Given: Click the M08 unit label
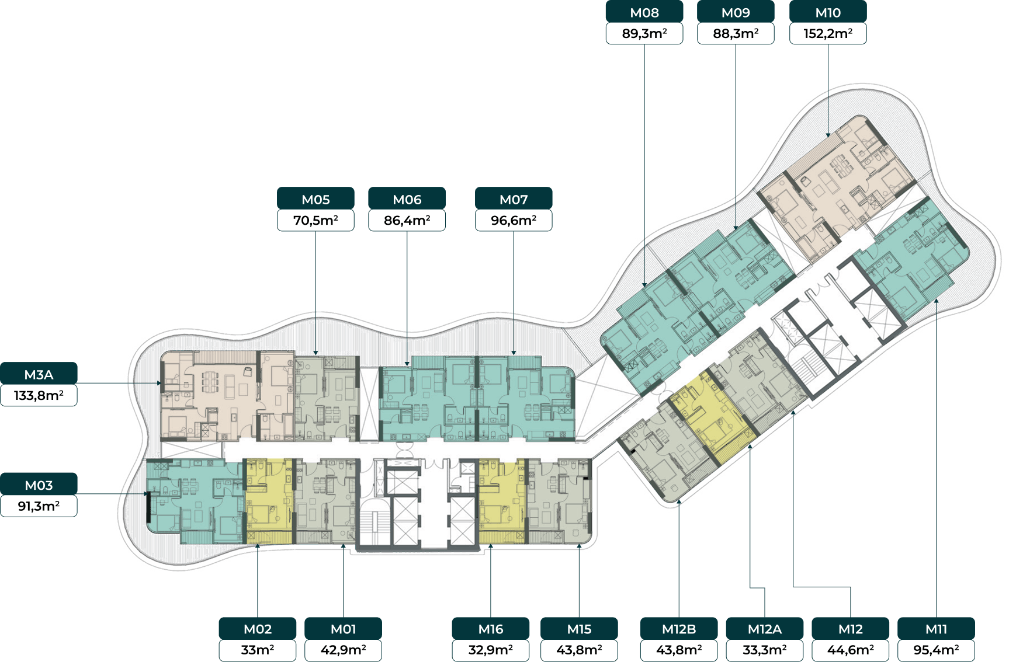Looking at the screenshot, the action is (644, 12).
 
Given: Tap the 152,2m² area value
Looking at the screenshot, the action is (828, 33).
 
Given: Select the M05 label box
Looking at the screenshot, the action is (315, 199).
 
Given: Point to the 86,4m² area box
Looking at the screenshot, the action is (407, 220).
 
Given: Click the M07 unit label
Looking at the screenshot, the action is (514, 199).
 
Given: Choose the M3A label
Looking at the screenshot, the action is (39, 374).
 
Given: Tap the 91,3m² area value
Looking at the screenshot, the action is (39, 506).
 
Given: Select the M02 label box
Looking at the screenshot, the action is (258, 629).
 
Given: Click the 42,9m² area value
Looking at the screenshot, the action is (343, 650).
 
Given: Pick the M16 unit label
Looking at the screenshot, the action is (491, 629).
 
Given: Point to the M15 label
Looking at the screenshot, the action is (579, 629).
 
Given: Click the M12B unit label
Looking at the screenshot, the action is (679, 629).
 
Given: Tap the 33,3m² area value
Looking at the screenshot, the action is (765, 650).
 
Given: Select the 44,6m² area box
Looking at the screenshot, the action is (851, 650).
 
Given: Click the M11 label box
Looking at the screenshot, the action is (936, 629).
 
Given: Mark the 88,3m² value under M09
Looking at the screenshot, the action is (736, 33).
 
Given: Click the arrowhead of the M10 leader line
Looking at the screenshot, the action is (828, 135).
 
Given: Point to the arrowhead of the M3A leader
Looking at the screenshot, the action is (159, 383).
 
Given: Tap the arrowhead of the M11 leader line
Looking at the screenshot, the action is (936, 301).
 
